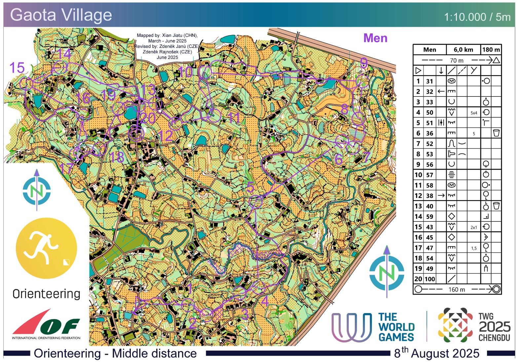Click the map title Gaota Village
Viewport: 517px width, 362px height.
point(61,15)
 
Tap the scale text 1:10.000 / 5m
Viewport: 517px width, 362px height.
point(477,17)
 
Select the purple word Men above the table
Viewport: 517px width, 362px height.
point(375,38)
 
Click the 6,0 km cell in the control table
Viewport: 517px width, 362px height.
point(463,50)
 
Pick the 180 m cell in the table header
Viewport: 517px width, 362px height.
point(491,50)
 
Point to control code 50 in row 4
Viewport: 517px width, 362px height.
point(429,112)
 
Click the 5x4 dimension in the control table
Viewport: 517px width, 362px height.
point(474,113)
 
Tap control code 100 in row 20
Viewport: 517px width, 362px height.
point(429,279)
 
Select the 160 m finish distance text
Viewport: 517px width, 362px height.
point(457,290)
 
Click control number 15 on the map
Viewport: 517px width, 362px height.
point(17,68)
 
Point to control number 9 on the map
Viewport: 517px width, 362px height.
point(364,62)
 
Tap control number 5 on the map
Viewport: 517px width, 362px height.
point(250,187)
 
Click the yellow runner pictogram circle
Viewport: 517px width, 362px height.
point(46,248)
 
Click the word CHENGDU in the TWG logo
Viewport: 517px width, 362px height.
point(494,338)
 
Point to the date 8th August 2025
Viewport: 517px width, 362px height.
point(436,353)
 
